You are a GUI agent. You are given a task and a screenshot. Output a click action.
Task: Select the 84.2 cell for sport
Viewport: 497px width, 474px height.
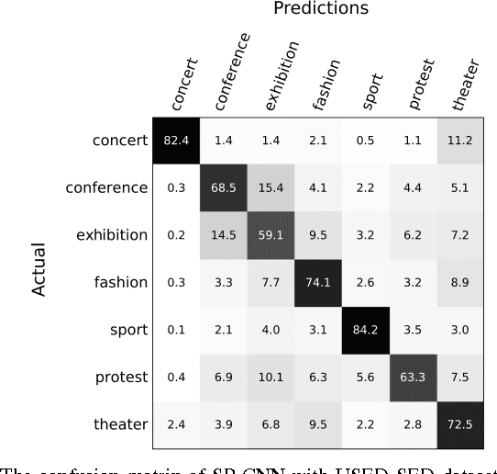coord(367,328)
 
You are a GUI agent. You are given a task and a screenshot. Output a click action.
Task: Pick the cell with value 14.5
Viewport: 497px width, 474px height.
coord(224,234)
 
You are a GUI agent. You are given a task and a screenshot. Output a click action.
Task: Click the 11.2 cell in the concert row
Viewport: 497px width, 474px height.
coord(462,141)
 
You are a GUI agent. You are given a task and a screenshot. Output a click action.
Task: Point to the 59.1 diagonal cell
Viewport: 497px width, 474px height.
coord(271,234)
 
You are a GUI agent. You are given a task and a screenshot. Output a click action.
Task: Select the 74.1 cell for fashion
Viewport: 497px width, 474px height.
coord(319,281)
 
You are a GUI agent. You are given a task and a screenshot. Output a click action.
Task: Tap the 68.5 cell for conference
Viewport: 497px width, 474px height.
coord(224,187)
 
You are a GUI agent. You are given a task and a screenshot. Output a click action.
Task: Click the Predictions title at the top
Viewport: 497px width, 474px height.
coord(320,9)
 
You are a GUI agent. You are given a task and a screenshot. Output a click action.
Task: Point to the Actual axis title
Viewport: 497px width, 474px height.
coord(39,271)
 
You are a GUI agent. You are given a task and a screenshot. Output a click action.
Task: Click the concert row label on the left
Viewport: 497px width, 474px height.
coord(119,141)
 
